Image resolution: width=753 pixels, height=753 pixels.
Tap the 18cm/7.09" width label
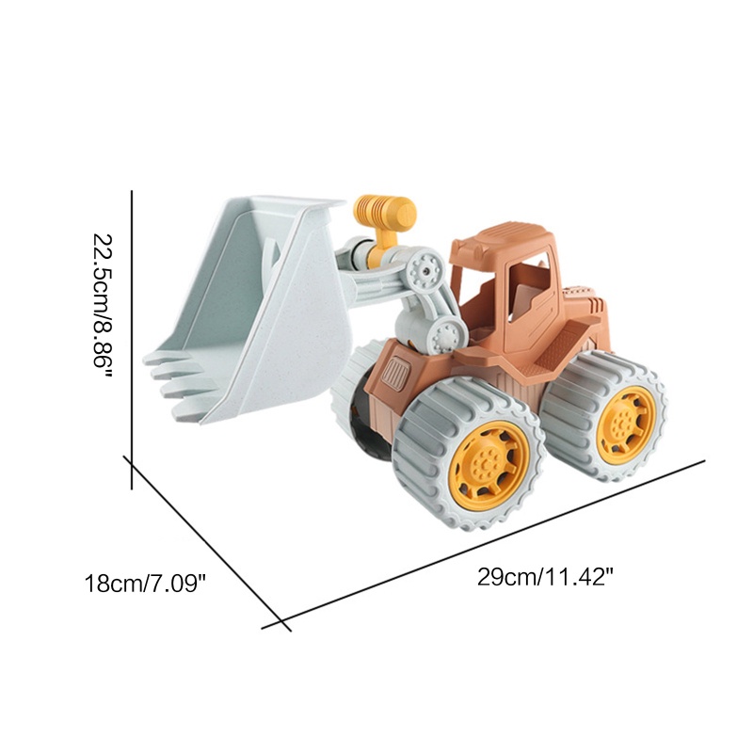pos(145,584)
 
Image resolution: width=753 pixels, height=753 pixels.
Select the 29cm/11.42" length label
pos(546,577)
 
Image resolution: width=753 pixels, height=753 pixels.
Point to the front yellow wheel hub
pos(489,465)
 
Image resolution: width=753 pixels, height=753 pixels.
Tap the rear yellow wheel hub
pos(626,425)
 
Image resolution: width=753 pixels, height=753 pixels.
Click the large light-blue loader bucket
pos(248,308)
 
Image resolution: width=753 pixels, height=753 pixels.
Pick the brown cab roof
pos(501,240)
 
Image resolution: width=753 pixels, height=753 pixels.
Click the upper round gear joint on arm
pos(425,271)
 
